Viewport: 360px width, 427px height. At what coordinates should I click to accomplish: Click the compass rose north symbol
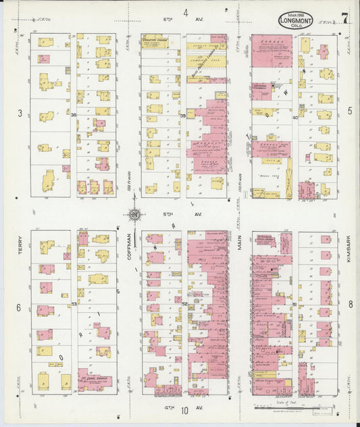pyautogui.click(x=134, y=216)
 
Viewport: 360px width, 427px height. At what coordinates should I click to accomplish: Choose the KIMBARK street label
pyautogui.click(x=350, y=246)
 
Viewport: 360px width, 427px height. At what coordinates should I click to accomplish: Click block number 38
pyautogui.click(x=73, y=116)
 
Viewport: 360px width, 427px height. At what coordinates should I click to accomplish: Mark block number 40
pyautogui.click(x=294, y=117)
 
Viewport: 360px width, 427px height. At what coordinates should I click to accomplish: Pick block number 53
pyautogui.click(x=74, y=304)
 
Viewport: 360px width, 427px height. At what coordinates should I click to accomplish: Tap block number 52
pyautogui.click(x=184, y=304)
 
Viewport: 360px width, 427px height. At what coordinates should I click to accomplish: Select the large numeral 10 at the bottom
pyautogui.click(x=184, y=418)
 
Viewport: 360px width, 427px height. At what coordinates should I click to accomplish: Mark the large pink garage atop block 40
pyautogui.click(x=272, y=51)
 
